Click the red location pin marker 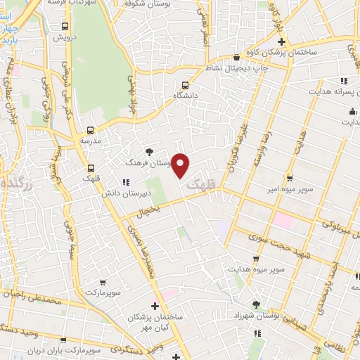point(181,165)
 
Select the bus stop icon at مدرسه point(90,130)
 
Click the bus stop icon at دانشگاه point(186,83)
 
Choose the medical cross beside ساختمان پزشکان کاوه point(281,62)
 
